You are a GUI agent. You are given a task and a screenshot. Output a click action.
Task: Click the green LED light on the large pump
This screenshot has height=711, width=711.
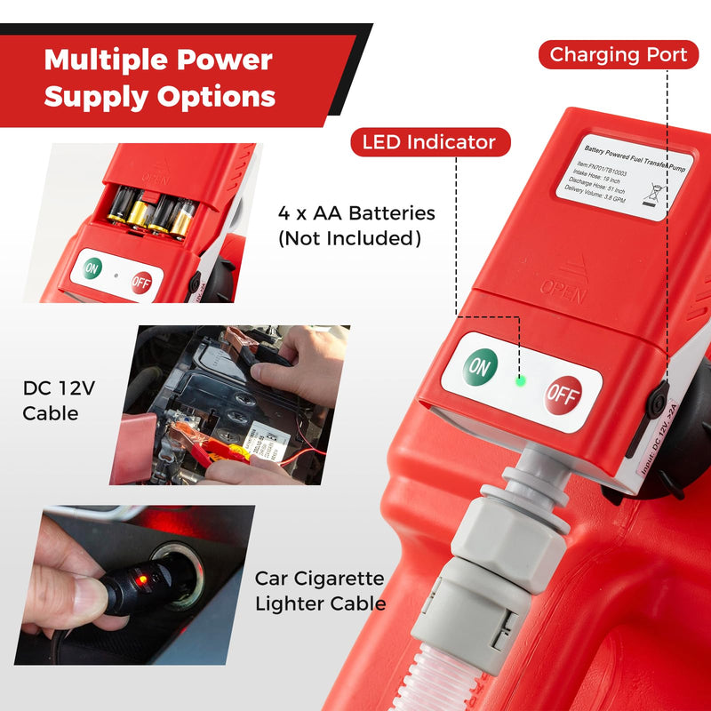pos(521,381)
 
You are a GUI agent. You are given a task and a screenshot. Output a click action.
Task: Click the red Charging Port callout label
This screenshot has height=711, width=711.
pos(618,54)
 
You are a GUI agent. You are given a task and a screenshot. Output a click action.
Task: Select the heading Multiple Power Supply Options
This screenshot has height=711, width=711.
pos(160,78)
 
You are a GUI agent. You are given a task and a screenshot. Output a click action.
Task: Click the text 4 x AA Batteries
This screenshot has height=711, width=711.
pos(356,213)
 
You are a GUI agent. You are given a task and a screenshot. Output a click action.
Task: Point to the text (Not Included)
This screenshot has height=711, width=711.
pos(349,238)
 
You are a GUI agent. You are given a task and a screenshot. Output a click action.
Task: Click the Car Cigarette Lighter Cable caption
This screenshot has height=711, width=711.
pos(320,591)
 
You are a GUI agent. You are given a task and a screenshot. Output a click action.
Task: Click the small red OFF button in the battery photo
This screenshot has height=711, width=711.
pos(140,283)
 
